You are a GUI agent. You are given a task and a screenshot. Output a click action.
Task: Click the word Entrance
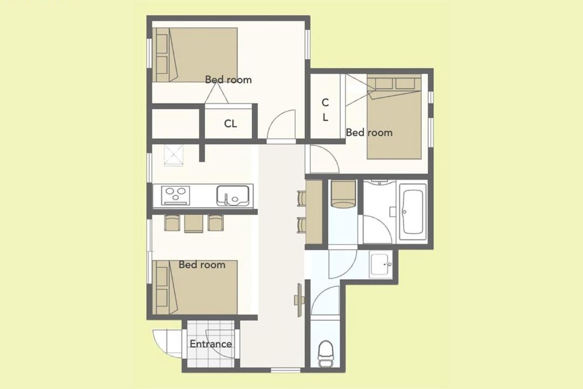point(211,344)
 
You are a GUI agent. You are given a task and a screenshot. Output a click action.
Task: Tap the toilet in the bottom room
point(326,353)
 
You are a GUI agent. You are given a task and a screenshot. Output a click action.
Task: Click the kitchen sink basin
point(233,196)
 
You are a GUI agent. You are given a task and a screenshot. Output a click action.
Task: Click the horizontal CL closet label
point(231,124)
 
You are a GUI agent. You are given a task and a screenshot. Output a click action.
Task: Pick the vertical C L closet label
point(326,110)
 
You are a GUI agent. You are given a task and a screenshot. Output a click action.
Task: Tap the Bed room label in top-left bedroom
point(228,79)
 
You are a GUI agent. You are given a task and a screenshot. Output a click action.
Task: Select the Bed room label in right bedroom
point(369,132)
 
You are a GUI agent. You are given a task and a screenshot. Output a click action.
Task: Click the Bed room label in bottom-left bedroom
point(202,265)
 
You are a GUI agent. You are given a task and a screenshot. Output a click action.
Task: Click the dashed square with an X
point(174,155)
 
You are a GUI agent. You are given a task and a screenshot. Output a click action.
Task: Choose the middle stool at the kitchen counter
point(193,223)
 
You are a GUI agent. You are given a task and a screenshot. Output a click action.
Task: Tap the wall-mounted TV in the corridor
point(299,300)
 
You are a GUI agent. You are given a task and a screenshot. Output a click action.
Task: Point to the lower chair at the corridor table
point(302,225)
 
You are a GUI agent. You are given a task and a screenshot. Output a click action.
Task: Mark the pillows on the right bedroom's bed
point(395,84)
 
